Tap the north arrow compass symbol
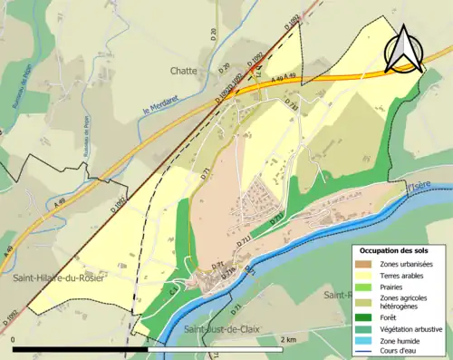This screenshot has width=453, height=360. pos(405,49)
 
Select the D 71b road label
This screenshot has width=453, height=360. pos(228,270)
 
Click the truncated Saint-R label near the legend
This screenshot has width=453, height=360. pos(336,295)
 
